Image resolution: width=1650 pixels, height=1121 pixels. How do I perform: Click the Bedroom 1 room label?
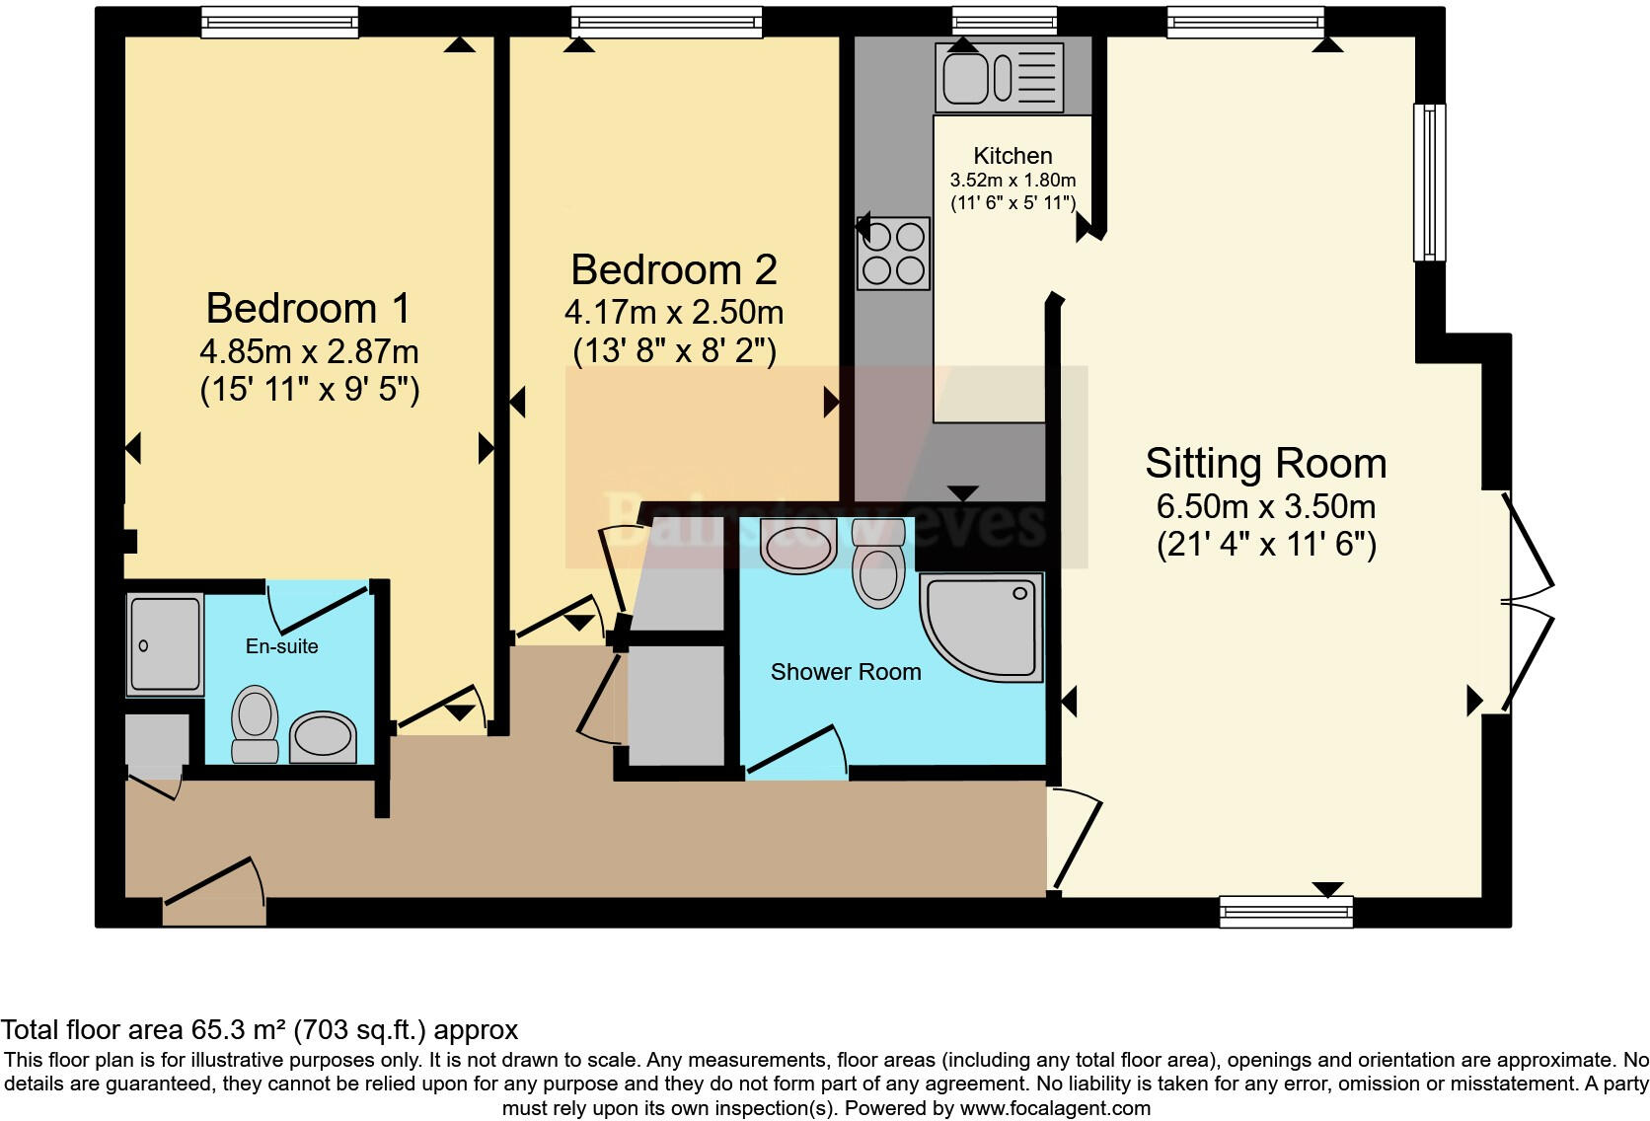[308, 309]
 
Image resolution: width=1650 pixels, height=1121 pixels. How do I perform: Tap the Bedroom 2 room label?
[674, 270]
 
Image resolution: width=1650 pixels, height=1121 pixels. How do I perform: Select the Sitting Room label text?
[1266, 464]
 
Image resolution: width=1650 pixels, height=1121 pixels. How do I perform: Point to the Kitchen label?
[1012, 156]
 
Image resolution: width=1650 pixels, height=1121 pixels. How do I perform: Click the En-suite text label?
[282, 647]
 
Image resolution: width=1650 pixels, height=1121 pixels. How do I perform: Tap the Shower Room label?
[846, 672]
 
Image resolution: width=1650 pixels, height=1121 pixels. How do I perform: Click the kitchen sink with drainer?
[1000, 77]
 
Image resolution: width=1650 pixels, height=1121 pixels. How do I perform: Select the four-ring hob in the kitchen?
[893, 253]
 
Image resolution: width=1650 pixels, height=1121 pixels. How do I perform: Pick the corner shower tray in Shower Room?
[983, 627]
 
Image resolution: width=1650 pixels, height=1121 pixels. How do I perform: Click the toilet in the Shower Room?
[878, 566]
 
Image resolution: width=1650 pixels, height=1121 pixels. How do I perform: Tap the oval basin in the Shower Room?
[799, 546]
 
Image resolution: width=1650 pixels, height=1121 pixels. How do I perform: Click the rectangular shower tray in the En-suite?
[166, 643]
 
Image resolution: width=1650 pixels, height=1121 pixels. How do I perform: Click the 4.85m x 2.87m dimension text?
[309, 352]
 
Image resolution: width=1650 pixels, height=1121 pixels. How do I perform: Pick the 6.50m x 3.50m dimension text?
[1266, 507]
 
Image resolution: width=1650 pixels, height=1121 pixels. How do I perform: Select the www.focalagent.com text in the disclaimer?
[1055, 1108]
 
